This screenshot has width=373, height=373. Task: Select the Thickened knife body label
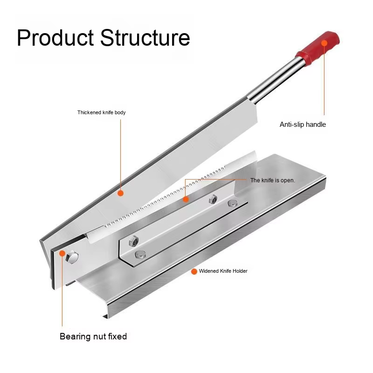101,112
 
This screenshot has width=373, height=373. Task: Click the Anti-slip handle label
303,124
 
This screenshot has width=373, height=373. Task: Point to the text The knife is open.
273,180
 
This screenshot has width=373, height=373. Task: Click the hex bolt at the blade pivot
72,256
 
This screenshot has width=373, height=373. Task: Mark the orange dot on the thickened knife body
120,192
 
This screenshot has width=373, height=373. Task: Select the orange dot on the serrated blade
186,199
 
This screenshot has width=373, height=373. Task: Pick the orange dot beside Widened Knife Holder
194,271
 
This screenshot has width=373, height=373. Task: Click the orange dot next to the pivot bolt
62,253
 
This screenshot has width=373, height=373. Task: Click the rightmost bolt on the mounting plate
232,203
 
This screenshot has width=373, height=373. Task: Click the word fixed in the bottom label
117,337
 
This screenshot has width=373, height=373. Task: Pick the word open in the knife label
287,180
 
